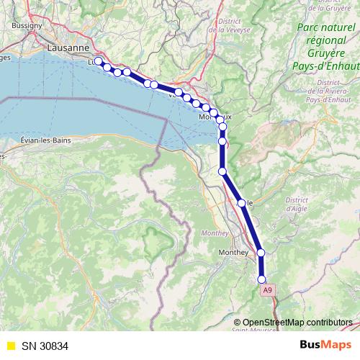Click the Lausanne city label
67,48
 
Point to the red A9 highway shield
268,289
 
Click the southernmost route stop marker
261,279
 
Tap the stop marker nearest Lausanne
99,62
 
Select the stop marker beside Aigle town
241,203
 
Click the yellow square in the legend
9,346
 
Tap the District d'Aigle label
296,204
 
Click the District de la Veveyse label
228,26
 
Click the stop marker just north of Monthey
261,252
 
